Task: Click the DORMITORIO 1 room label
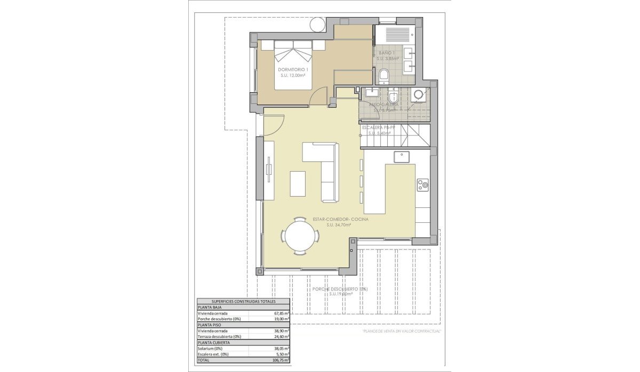tap(293, 69)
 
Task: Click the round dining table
tap(301, 236)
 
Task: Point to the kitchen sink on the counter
tap(402, 157)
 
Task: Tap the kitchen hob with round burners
tap(423, 185)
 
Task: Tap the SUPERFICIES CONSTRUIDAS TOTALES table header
tap(244, 302)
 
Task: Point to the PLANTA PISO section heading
tap(210, 325)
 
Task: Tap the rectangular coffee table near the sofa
tap(298, 183)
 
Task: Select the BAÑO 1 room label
tap(387, 53)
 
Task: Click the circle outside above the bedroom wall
tap(317, 24)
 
